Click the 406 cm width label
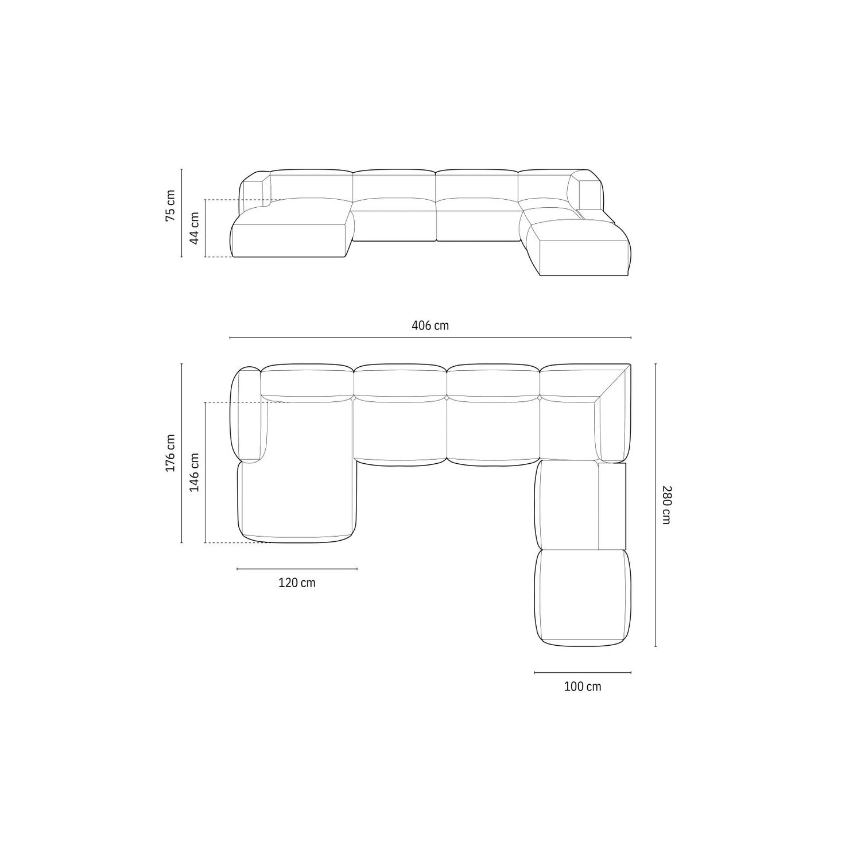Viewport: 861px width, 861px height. [x=430, y=325]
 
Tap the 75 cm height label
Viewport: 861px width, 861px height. [x=171, y=207]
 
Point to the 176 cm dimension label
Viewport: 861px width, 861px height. [x=170, y=453]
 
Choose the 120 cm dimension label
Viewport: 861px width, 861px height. [x=297, y=583]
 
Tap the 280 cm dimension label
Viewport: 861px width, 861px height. [x=665, y=505]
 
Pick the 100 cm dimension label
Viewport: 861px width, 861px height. [x=583, y=686]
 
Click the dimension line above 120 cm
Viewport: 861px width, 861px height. [x=297, y=569]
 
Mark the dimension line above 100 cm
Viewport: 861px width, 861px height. [x=583, y=672]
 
